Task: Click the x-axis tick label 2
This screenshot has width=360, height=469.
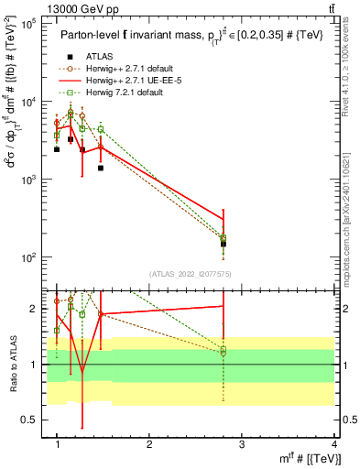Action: (x=149, y=443)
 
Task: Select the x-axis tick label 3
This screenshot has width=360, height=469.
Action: (x=242, y=443)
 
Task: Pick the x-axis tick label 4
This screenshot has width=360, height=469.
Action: (x=333, y=443)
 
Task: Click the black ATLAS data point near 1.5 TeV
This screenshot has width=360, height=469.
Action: (x=101, y=168)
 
